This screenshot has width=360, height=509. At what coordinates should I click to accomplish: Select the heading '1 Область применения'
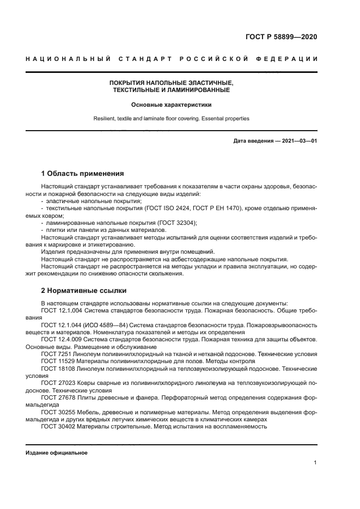(x=83, y=174)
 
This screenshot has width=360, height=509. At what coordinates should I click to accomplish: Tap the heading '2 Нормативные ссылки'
(x=83, y=290)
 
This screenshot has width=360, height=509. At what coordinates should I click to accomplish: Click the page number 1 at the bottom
(x=315, y=462)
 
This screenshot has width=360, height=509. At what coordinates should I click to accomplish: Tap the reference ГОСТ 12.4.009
(x=61, y=339)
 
